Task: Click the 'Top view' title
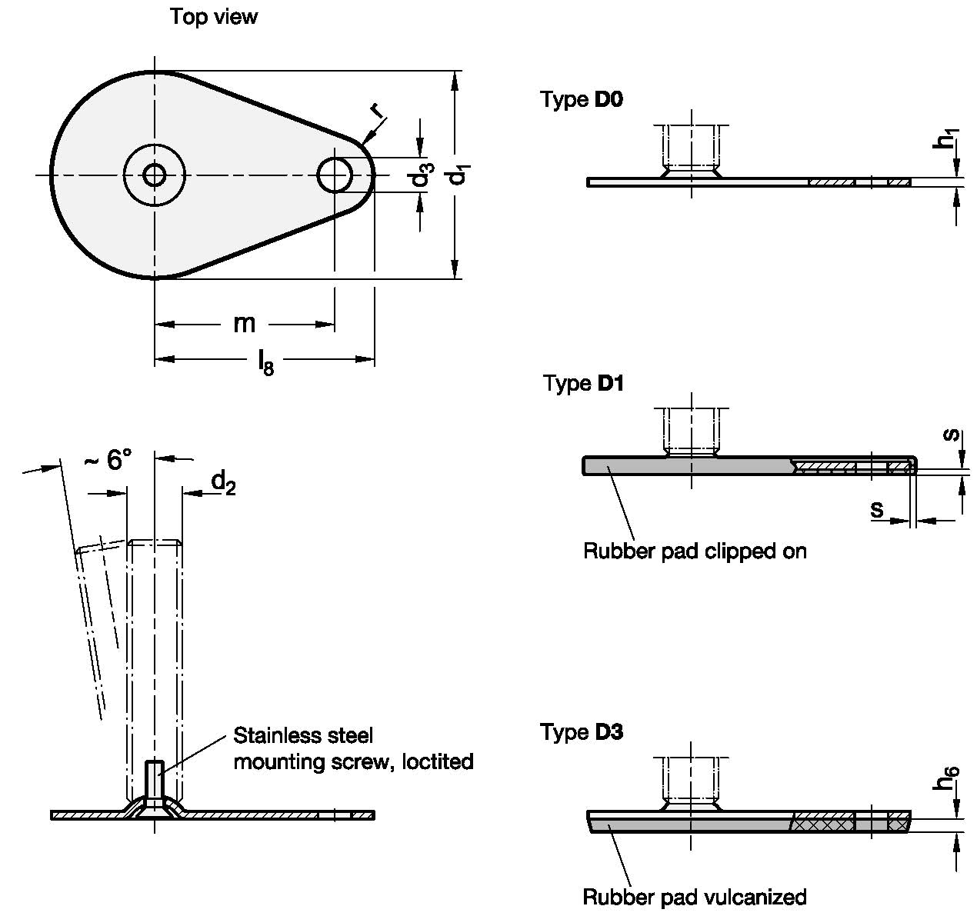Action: click(x=213, y=17)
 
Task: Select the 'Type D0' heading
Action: click(x=582, y=99)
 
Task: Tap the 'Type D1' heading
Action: click(x=583, y=383)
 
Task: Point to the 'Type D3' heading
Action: click(x=582, y=731)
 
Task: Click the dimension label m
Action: click(x=244, y=324)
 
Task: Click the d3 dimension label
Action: click(x=420, y=176)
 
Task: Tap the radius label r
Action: click(x=376, y=111)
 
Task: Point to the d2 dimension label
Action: click(x=223, y=482)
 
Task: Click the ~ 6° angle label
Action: click(x=108, y=461)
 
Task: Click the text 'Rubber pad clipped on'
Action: click(x=695, y=551)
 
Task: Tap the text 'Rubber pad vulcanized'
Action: click(x=694, y=897)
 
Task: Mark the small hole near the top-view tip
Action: click(x=335, y=175)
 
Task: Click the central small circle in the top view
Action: click(x=155, y=175)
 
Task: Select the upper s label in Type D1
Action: click(x=952, y=435)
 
